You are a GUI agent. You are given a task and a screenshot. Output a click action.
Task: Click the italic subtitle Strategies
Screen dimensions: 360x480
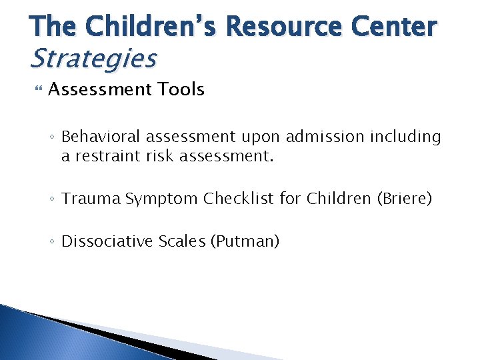tap(93, 58)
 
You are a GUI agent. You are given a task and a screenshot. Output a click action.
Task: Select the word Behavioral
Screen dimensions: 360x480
tap(101, 137)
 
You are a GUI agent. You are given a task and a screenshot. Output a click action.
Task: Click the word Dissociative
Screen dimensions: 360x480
tap(107, 241)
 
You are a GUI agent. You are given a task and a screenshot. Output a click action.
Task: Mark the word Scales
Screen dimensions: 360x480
tap(181, 241)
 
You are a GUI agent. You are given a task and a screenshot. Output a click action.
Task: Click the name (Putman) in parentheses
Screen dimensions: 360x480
tap(245, 241)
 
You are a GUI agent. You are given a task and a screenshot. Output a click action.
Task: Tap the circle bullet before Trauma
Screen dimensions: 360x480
tap(53, 199)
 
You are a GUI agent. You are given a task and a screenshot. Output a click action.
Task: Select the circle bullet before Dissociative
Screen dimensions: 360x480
tap(53, 241)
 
